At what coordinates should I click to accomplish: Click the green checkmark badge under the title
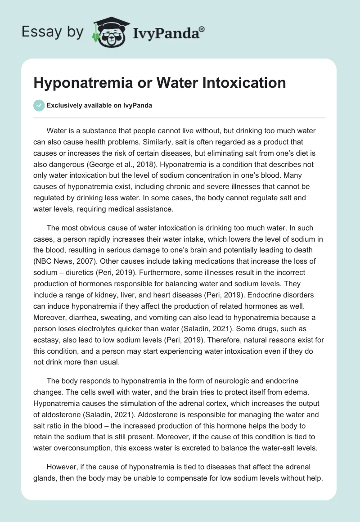click(x=39, y=105)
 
